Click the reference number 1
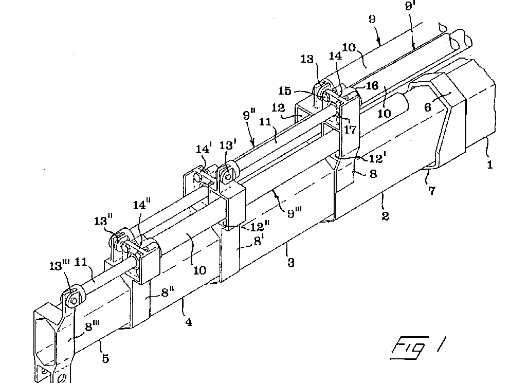click(490, 165)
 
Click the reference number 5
click(105, 358)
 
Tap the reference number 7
click(431, 190)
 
